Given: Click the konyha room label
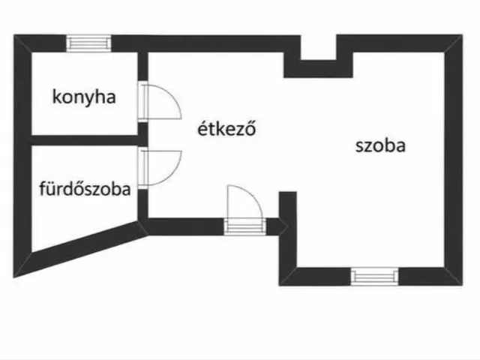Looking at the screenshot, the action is pos(84,97).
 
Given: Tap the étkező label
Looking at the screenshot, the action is pos(226,128).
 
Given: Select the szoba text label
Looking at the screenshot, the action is pos(380,145).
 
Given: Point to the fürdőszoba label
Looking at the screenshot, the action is pos(85,188).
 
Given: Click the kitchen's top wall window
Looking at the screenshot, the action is pos(88,43).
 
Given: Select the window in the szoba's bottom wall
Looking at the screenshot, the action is pos(374,277).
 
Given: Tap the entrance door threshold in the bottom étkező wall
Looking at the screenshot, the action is pos(244,226).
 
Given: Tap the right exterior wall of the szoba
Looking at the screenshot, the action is pos(453,160).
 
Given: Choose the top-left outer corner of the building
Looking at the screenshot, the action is pos(13,35).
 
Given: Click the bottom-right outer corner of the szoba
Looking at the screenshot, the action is pos(462,285).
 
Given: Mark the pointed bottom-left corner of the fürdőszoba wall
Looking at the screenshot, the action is pos(13,277).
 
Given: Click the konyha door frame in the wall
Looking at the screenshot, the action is pos(142,101).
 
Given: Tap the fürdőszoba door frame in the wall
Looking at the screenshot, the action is pos(142,168).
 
